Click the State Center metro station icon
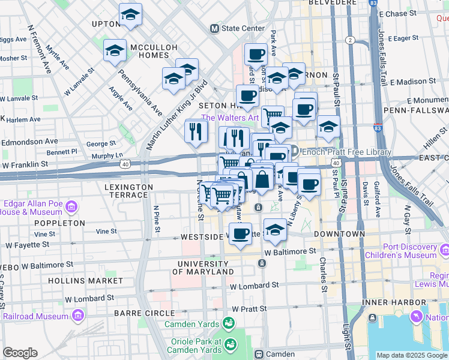(214, 28)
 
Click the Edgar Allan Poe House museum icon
(71, 207)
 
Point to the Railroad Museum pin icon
(77, 315)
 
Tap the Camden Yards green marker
(228, 324)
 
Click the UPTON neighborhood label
(107, 25)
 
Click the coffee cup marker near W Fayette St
(241, 234)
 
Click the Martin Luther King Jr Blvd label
(177, 114)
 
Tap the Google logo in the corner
(20, 353)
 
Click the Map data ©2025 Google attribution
(412, 355)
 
